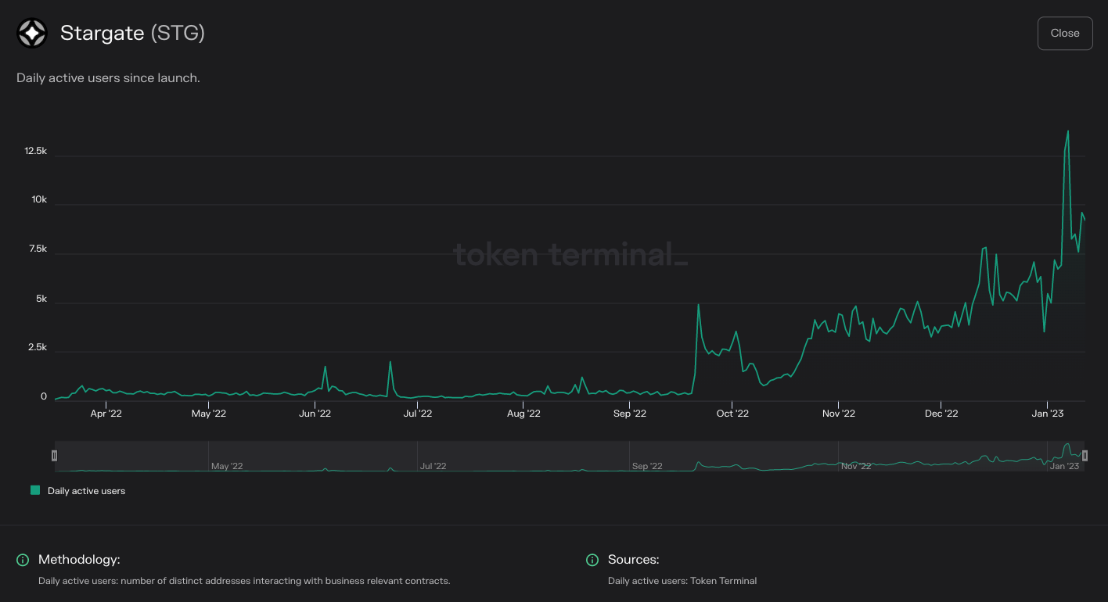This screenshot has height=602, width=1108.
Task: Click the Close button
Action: [1064, 33]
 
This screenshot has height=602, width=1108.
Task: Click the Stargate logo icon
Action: [32, 33]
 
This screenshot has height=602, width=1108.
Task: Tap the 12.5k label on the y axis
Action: [36, 151]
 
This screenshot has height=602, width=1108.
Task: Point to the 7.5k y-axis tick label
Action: [37, 249]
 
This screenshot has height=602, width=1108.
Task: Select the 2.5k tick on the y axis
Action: [37, 347]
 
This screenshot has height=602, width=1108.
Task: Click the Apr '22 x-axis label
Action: [106, 414]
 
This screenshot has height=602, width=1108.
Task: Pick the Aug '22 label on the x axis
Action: [523, 414]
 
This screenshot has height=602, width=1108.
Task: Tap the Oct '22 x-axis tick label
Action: [732, 414]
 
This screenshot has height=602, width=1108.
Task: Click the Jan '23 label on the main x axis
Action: [1047, 414]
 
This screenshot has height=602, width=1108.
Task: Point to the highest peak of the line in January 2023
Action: [1068, 131]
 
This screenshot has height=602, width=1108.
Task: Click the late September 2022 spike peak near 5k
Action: [698, 305]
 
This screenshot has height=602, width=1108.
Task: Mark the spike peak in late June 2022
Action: [390, 362]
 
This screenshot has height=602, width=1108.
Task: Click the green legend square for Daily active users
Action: [35, 490]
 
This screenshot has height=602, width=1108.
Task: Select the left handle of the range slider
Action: [54, 455]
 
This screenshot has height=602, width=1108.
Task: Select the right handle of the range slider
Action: [1085, 455]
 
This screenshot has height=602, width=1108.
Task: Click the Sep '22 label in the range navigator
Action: [646, 466]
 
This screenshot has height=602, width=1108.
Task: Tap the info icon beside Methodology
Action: [23, 560]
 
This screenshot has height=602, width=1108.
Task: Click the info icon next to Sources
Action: [592, 560]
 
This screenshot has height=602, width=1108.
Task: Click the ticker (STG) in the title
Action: [178, 33]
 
